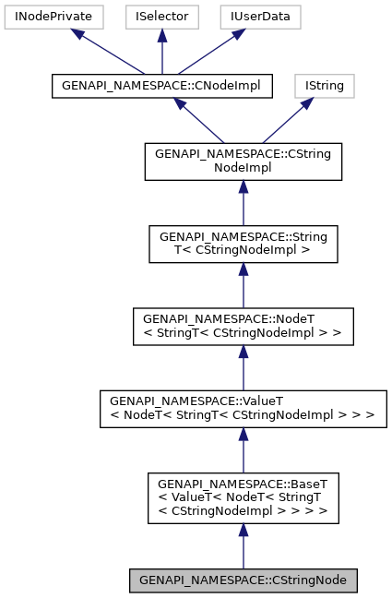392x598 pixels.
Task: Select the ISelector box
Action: (x=160, y=16)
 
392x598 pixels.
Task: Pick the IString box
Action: (x=324, y=87)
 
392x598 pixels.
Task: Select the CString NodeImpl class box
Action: (x=244, y=161)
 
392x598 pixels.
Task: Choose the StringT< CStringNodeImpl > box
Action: (x=244, y=243)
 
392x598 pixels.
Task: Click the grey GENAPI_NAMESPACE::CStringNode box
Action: (x=244, y=580)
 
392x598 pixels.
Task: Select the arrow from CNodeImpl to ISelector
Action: (x=160, y=52)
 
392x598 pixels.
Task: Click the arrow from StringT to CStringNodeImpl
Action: (x=244, y=202)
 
